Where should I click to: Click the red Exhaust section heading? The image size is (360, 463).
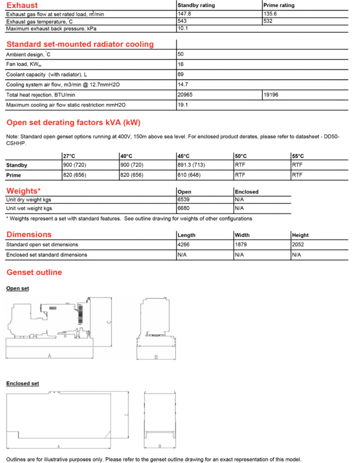tap(21, 5)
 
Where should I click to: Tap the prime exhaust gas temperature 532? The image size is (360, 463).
tap(269, 21)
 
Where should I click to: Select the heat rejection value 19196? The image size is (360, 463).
tap(272, 95)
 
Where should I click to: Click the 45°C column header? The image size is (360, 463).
tap(184, 156)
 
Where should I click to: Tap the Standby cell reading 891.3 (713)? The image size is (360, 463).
tap(193, 165)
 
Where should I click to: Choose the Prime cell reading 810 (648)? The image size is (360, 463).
tap(190, 174)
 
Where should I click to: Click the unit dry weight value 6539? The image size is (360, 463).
tap(183, 199)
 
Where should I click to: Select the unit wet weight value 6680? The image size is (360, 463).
tap(183, 208)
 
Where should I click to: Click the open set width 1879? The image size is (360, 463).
tap(241, 245)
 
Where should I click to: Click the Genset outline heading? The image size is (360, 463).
tap(34, 272)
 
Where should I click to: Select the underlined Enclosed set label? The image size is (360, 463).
tap(23, 384)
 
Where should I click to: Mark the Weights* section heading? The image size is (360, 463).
tap(23, 191)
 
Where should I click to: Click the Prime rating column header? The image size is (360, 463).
tap(279, 5)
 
